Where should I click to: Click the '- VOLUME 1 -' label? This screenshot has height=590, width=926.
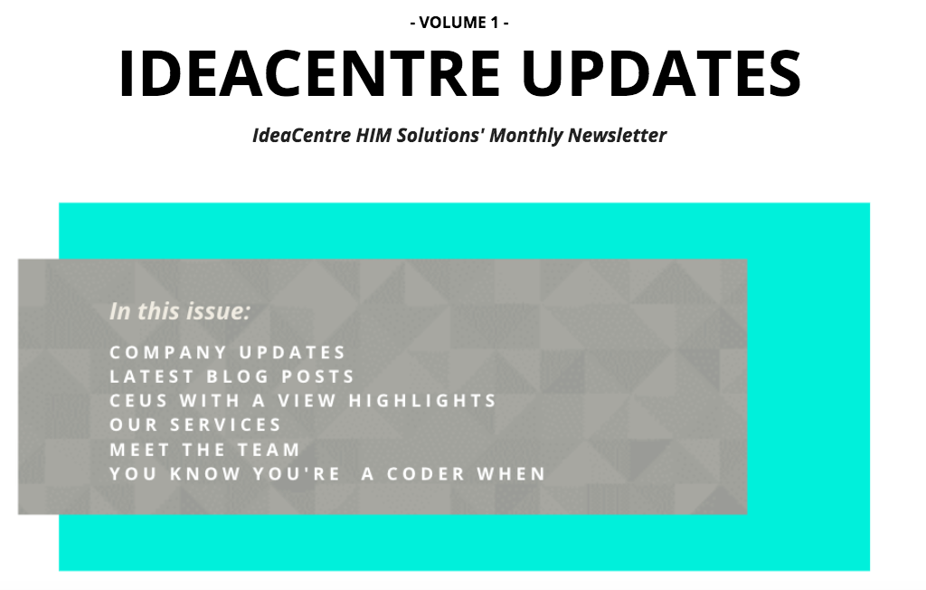(x=459, y=23)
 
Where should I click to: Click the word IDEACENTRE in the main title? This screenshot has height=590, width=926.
(x=310, y=73)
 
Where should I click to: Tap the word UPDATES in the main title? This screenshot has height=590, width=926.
(x=661, y=73)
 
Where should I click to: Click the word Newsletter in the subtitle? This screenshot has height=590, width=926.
(x=617, y=136)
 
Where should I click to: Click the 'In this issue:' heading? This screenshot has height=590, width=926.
(x=180, y=311)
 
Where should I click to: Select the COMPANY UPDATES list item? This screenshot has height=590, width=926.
(x=227, y=352)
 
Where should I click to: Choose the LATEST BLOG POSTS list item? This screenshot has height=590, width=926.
(x=231, y=376)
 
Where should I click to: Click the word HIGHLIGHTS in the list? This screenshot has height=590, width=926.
(x=422, y=401)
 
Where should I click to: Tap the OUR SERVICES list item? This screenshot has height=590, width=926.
(x=195, y=425)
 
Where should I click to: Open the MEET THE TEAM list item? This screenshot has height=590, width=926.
(x=205, y=450)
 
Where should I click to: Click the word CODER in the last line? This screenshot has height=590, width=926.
(x=426, y=474)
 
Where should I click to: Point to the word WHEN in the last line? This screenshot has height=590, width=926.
(x=512, y=474)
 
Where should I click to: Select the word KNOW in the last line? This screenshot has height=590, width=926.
(x=205, y=474)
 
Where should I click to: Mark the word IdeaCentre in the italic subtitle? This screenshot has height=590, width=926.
(x=302, y=136)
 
